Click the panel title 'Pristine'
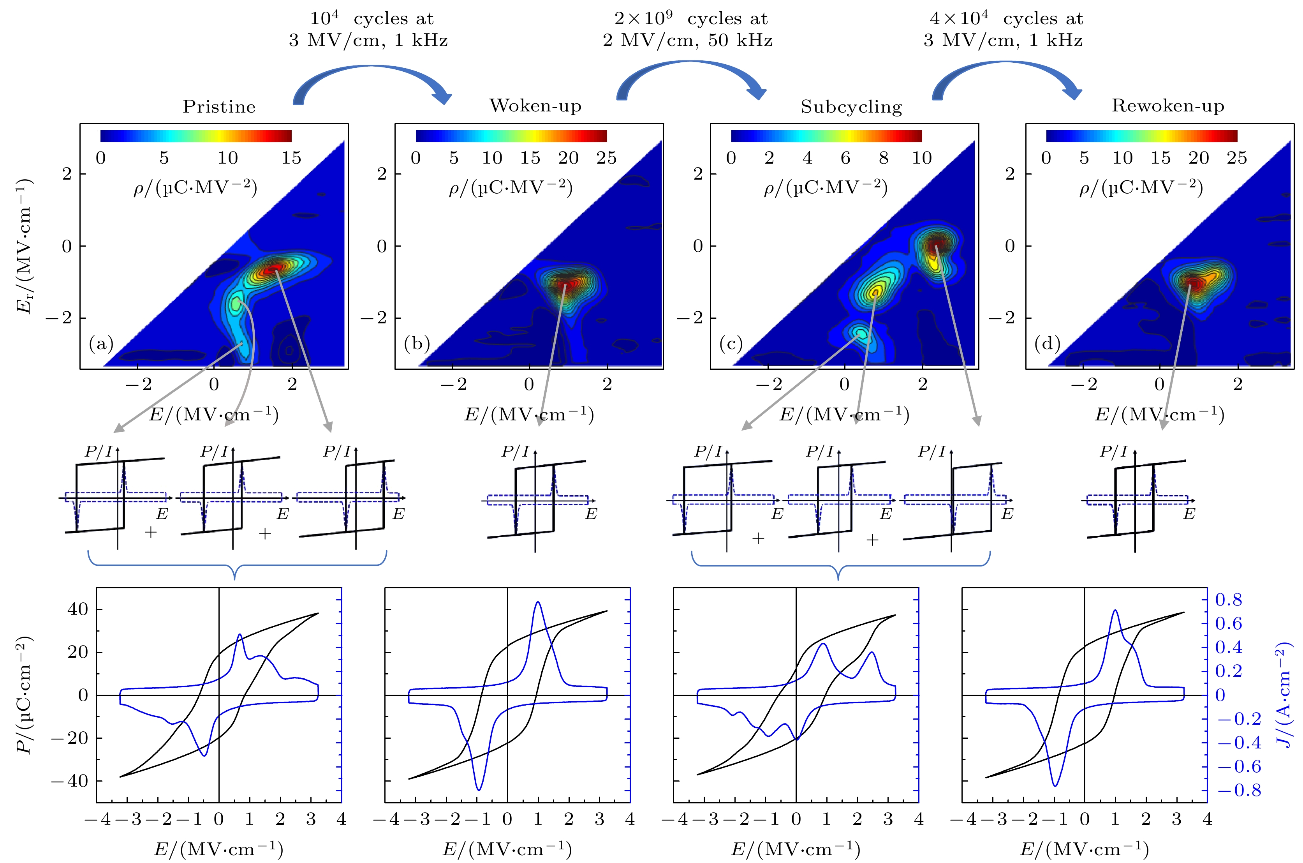[219, 106]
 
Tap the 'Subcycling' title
[851, 106]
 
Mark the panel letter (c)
[731, 344]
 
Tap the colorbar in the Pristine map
[196, 136]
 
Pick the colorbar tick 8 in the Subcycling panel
[883, 158]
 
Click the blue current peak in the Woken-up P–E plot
[537, 603]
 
